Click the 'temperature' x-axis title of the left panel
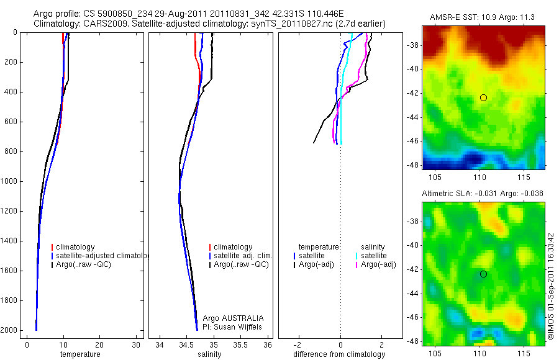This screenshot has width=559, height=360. [80, 354]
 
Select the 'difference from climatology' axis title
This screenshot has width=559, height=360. [339, 354]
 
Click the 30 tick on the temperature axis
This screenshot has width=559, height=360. [135, 344]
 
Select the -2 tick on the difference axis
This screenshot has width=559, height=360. [299, 344]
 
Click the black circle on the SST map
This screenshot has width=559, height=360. [483, 98]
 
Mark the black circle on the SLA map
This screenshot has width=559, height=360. [483, 274]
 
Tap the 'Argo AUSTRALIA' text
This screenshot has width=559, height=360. [229, 318]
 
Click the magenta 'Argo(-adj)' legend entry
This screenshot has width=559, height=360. [378, 264]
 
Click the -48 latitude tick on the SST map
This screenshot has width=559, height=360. [413, 164]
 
